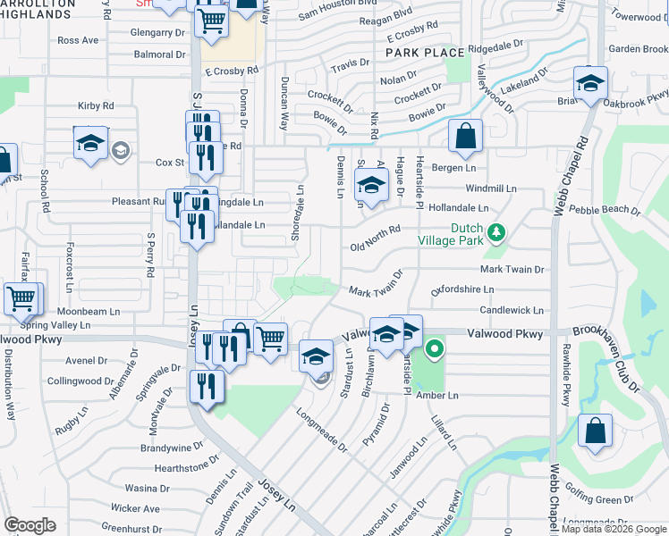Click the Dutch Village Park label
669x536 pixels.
tap(454, 234)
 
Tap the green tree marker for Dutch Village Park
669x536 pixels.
tap(497, 234)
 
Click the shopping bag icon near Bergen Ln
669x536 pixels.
tap(465, 137)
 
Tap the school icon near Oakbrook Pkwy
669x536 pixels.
tap(589, 84)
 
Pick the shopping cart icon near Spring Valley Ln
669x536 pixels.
tap(21, 298)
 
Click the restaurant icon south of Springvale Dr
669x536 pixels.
tap(207, 387)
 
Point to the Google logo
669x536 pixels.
tap(30, 525)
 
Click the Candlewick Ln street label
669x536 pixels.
tap(512, 310)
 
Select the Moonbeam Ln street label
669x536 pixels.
tap(89, 312)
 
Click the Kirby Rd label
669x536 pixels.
tap(96, 105)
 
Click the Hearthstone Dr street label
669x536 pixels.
tap(186, 467)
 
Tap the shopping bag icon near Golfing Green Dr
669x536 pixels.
tap(595, 431)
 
